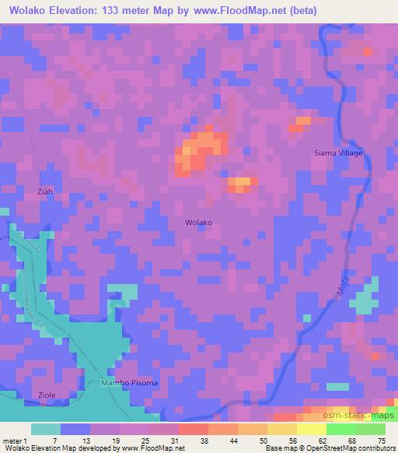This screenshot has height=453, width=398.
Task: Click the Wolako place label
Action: (198, 223)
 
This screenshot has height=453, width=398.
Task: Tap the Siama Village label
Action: (338, 153)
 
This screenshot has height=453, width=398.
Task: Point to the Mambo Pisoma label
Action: (130, 383)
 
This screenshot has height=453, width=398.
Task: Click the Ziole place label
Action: (46, 395)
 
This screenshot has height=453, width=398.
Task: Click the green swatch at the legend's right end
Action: (370, 429)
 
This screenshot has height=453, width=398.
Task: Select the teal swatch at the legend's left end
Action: (46, 429)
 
